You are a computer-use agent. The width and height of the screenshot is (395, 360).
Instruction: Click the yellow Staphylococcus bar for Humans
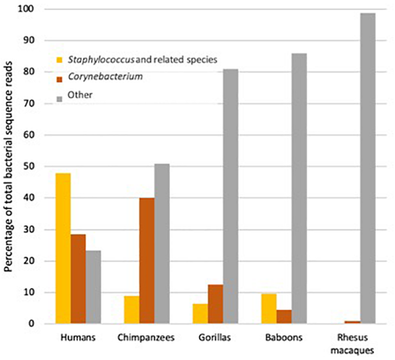pyautogui.click(x=63, y=249)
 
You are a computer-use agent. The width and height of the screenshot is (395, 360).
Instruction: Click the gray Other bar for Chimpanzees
pyautogui.click(x=162, y=244)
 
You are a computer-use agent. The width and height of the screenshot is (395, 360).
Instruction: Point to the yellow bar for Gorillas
pyautogui.click(x=200, y=314)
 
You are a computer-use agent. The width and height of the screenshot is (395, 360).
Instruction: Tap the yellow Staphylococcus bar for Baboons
pyautogui.click(x=269, y=308)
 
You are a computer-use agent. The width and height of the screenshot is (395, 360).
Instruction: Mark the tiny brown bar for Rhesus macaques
pyautogui.click(x=353, y=322)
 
